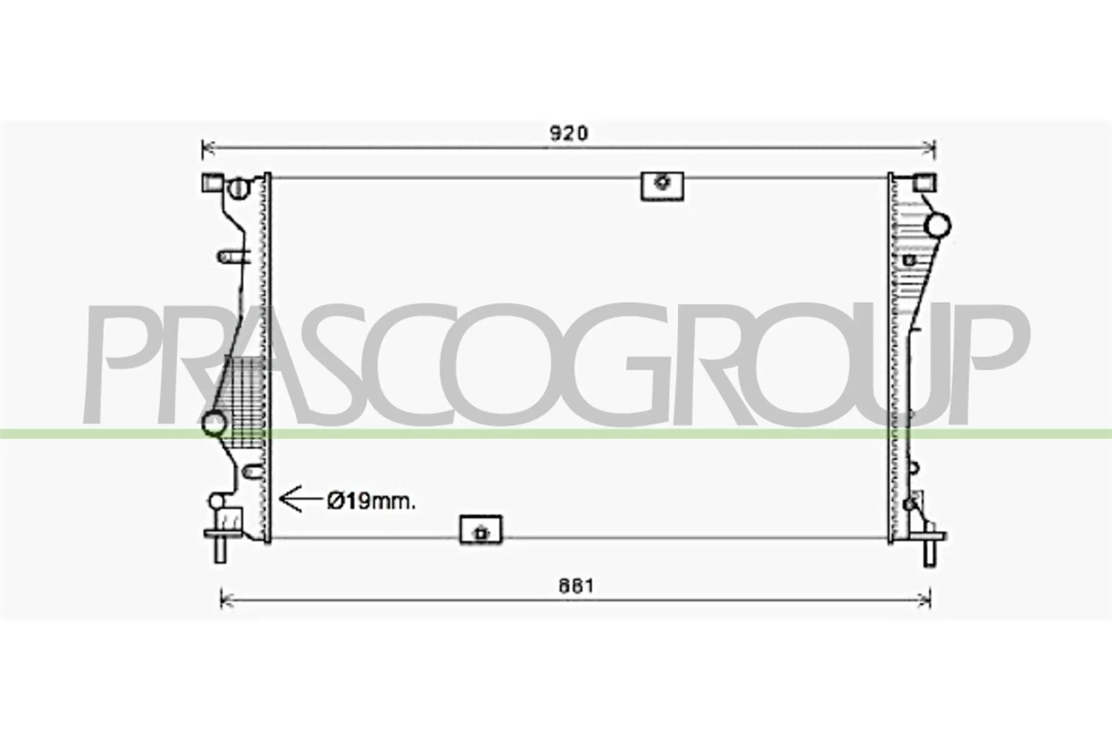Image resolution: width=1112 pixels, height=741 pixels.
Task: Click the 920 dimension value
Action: click(x=569, y=133)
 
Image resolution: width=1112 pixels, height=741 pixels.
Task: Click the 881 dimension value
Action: click(x=576, y=586)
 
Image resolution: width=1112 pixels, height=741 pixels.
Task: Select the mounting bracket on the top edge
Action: click(x=662, y=186)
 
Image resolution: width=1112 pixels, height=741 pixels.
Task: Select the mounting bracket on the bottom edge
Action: click(x=481, y=530)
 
